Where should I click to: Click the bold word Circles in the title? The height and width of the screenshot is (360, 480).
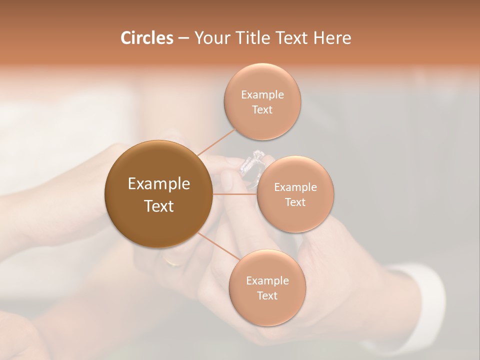pos(146,38)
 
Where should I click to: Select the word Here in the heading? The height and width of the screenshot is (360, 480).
pos(332,38)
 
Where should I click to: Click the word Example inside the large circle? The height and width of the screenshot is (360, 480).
pos(158,184)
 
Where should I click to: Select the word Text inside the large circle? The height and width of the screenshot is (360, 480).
pos(158,206)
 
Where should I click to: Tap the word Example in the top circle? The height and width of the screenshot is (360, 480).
pos(262,94)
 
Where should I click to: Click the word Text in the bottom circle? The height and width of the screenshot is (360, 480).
pos(267,295)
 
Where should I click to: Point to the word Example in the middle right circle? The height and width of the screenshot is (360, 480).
pos(295,187)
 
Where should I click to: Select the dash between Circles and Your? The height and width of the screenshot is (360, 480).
pos(183,38)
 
